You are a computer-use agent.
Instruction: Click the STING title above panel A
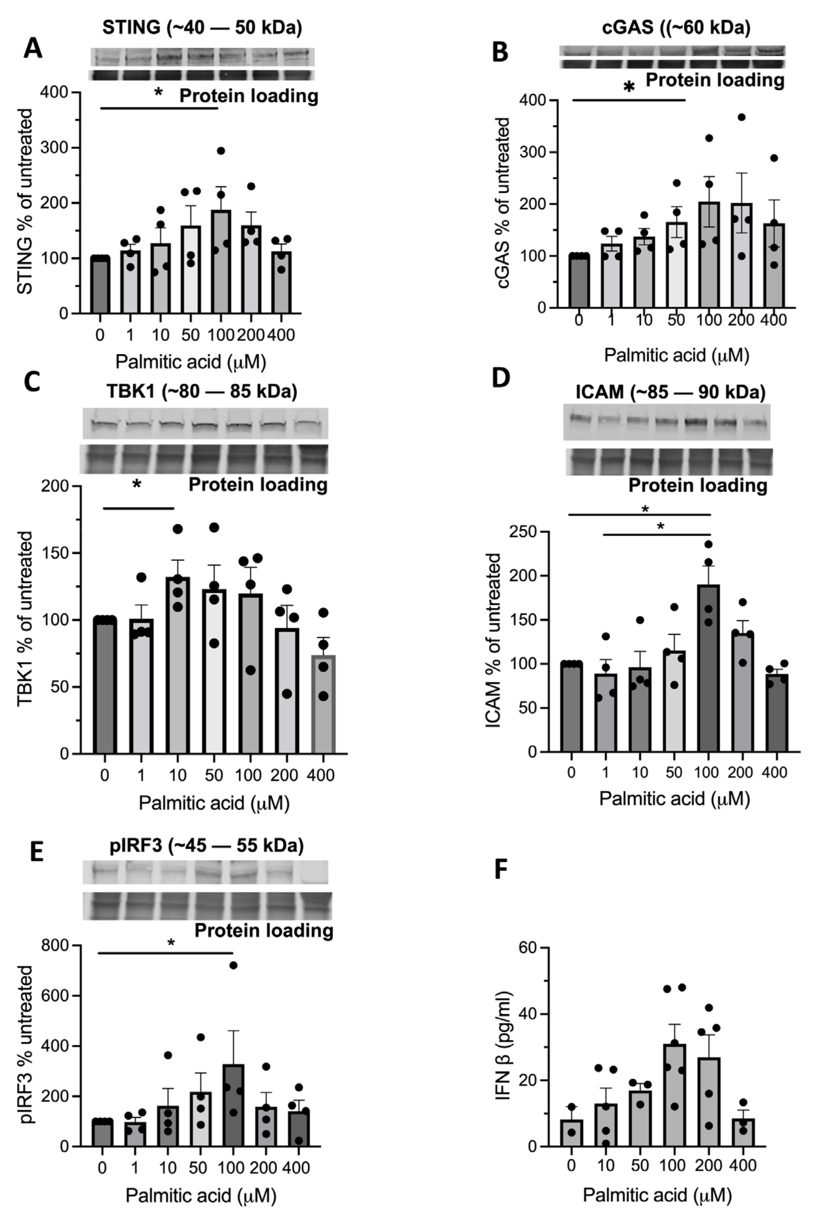pyautogui.click(x=202, y=27)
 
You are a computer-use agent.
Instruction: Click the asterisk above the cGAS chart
pyautogui.click(x=629, y=88)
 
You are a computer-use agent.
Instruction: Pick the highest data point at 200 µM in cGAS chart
pyautogui.click(x=741, y=117)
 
